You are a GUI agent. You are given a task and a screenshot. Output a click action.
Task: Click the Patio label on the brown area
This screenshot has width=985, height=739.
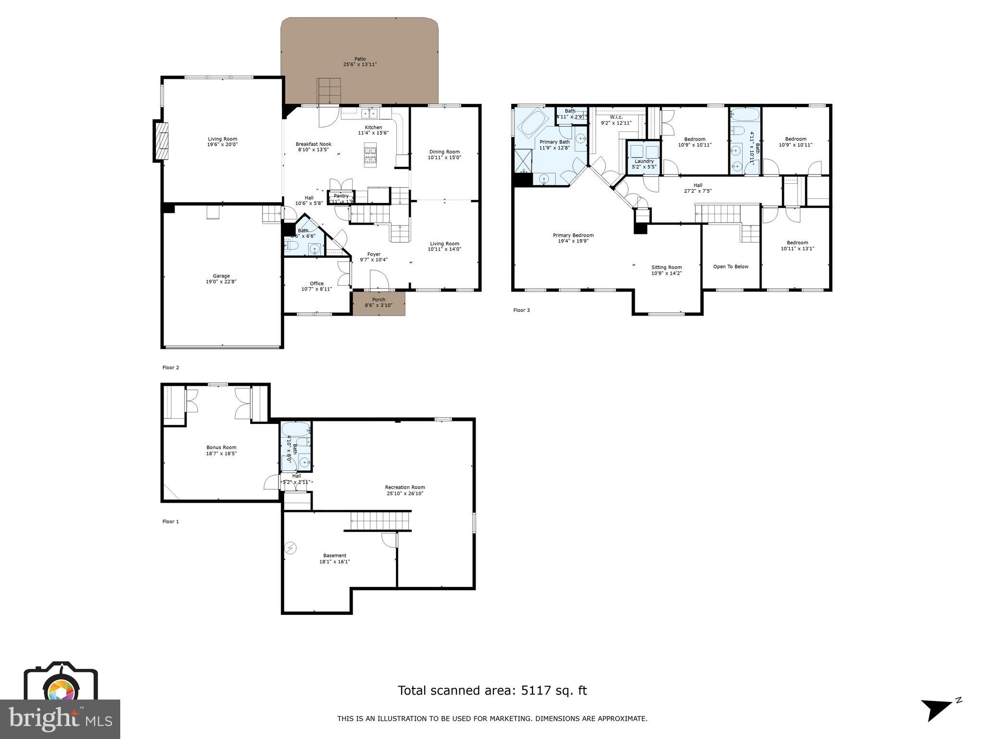[360, 59]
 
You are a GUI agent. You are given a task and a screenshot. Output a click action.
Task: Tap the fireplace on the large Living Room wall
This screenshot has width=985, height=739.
[162, 140]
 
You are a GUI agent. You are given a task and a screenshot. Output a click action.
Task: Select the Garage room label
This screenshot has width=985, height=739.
[221, 276]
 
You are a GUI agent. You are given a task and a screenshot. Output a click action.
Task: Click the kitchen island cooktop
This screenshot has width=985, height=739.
[370, 155]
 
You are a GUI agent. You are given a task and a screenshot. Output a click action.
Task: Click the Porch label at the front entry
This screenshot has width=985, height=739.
[379, 300]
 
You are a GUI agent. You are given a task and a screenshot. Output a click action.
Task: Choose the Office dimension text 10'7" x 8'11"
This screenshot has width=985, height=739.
[316, 289]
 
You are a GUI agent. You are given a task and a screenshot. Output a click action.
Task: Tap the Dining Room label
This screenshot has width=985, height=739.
[444, 152]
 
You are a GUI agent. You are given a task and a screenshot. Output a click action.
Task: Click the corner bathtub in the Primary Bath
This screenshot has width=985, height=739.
[531, 123]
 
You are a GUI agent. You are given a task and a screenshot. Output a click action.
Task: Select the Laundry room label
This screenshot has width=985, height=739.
[644, 161]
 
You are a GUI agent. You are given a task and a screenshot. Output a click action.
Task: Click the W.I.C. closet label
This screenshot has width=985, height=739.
[616, 117]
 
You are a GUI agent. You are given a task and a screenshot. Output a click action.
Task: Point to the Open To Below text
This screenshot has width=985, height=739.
[731, 267]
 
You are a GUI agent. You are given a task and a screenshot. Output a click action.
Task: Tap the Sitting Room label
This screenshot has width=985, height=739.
[666, 268]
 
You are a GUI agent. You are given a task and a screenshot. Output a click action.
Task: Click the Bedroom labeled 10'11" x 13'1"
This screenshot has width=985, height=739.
[797, 243]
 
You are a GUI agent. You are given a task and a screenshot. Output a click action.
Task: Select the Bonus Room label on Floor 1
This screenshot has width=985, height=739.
[221, 447]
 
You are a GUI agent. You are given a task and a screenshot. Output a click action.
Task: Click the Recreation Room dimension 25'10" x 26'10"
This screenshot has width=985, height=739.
[404, 493]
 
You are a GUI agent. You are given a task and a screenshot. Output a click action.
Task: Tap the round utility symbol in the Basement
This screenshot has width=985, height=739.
[290, 548]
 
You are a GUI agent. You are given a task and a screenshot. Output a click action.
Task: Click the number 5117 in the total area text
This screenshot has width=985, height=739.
[537, 690]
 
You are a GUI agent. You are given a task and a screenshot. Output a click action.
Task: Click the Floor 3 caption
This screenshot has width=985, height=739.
[521, 310]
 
